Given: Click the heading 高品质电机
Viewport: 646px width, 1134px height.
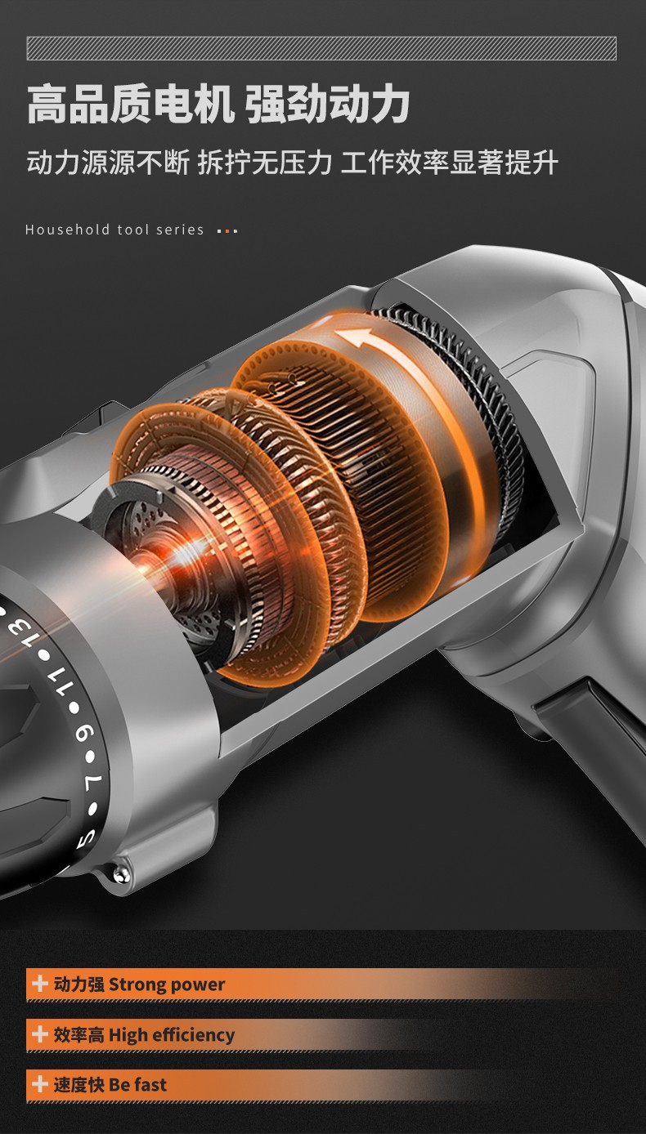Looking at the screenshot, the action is click(x=130, y=105).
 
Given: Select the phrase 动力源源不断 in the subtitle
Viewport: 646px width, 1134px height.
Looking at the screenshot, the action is click(x=108, y=163).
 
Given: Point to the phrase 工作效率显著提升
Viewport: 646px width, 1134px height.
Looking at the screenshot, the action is click(x=450, y=163).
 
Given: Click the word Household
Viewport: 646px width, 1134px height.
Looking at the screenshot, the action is click(x=67, y=230).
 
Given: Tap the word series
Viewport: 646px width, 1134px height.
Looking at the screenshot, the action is click(x=180, y=230).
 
